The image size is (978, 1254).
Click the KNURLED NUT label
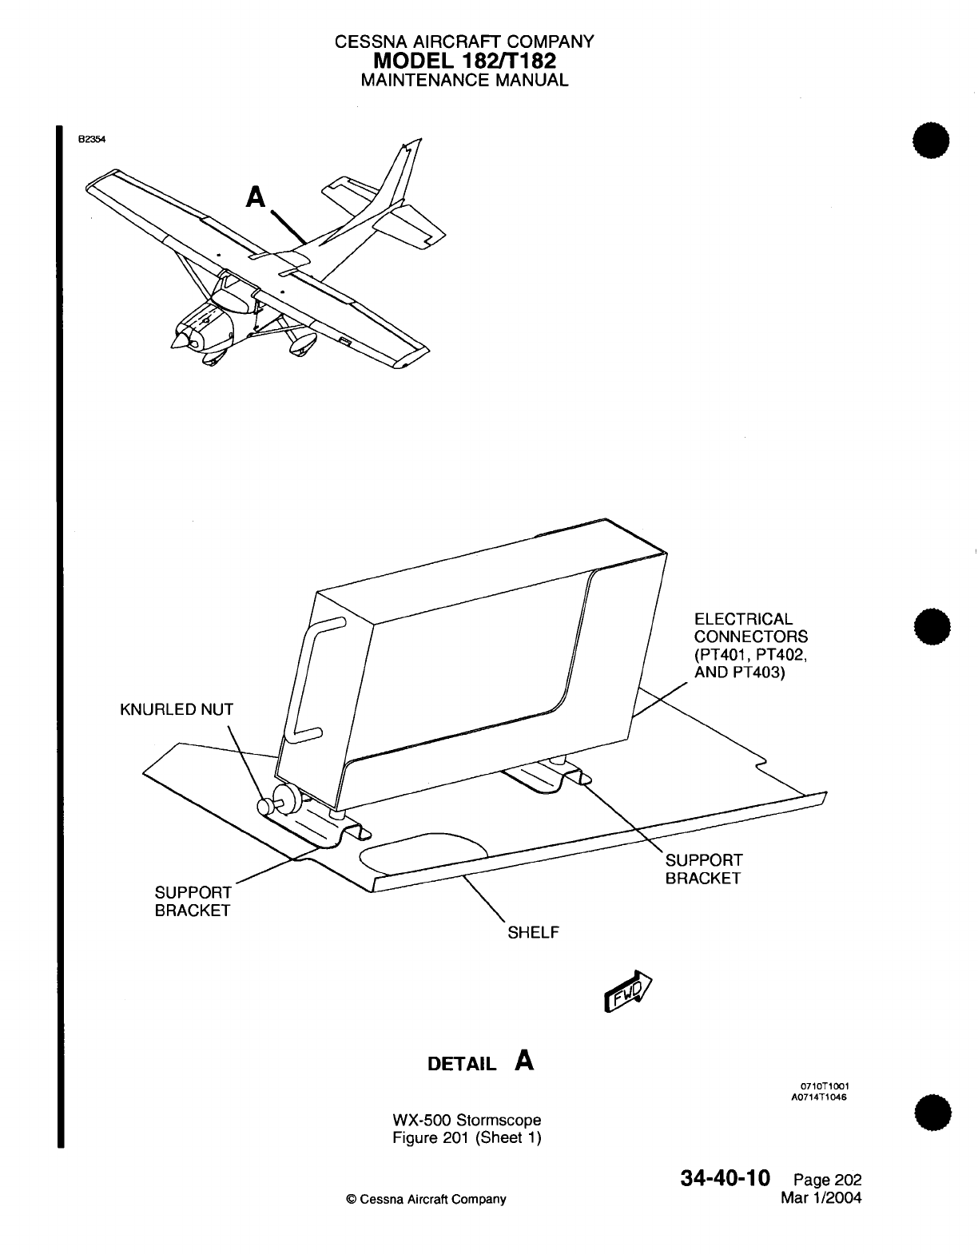[177, 710]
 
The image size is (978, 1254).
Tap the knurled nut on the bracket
[284, 799]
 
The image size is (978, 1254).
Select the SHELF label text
[533, 933]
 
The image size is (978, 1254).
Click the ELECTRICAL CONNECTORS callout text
[750, 645]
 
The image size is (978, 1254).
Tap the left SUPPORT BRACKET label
[193, 901]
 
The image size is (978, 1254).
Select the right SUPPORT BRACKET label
[703, 869]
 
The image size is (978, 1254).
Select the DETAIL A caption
[481, 1062]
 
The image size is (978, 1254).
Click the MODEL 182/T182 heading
[464, 61]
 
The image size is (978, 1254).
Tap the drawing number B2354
[91, 137]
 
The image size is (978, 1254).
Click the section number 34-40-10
[726, 1178]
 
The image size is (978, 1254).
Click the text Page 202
[827, 1181]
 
